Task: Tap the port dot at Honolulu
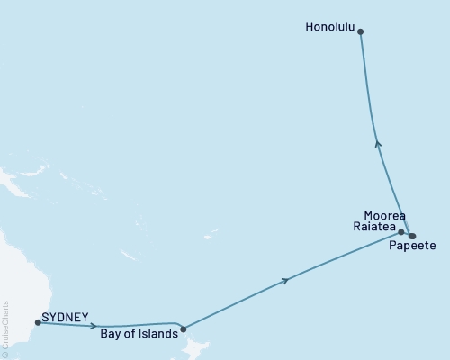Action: pyautogui.click(x=361, y=31)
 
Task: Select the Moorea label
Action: pyautogui.click(x=383, y=216)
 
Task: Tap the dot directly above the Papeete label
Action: pyautogui.click(x=412, y=236)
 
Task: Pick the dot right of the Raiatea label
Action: pyautogui.click(x=401, y=231)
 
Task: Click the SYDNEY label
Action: pyautogui.click(x=65, y=318)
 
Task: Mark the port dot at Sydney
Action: pyautogui.click(x=38, y=321)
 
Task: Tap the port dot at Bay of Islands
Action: pyautogui.click(x=183, y=328)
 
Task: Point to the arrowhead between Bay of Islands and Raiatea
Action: pyautogui.click(x=286, y=281)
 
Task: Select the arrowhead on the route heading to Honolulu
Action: pyautogui.click(x=377, y=141)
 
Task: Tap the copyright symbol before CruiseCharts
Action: pyautogui.click(x=5, y=355)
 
